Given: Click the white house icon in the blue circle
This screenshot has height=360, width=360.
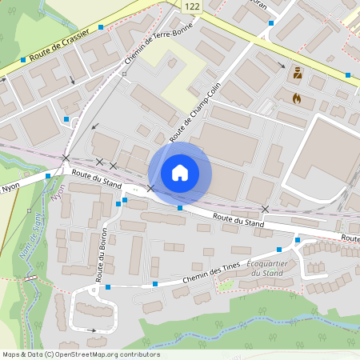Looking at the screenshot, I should (x=180, y=172).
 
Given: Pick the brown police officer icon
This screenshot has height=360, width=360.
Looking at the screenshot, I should (x=298, y=73).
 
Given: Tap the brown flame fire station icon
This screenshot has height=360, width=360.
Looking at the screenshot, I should (x=298, y=98).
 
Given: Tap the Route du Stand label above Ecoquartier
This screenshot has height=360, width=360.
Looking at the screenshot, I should (x=238, y=218).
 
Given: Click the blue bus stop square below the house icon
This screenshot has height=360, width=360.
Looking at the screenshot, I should (x=180, y=208).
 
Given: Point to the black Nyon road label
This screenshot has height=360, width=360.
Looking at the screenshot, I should (x=10, y=190).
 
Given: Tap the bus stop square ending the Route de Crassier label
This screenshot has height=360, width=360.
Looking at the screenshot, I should (x=101, y=27).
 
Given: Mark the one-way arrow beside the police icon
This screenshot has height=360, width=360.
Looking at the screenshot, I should (x=281, y=66).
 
